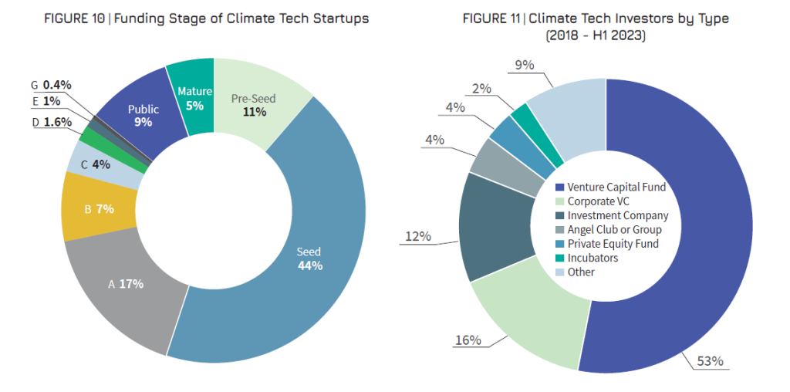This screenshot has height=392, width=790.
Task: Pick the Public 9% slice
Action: [143, 116]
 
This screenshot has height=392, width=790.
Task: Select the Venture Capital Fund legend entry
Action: [609, 187]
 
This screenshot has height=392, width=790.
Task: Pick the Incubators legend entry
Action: [590, 258]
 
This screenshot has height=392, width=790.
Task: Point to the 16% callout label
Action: [469, 340]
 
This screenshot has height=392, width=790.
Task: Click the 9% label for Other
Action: [525, 66]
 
